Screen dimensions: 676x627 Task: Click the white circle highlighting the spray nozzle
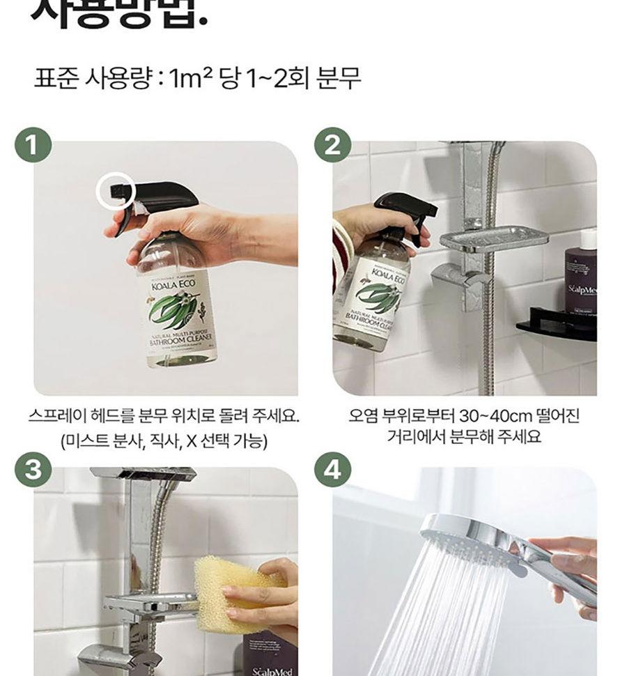(x=115, y=190)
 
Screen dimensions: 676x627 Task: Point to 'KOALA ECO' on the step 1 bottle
(x=169, y=273)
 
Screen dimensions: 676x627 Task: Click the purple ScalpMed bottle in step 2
(x=580, y=279)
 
